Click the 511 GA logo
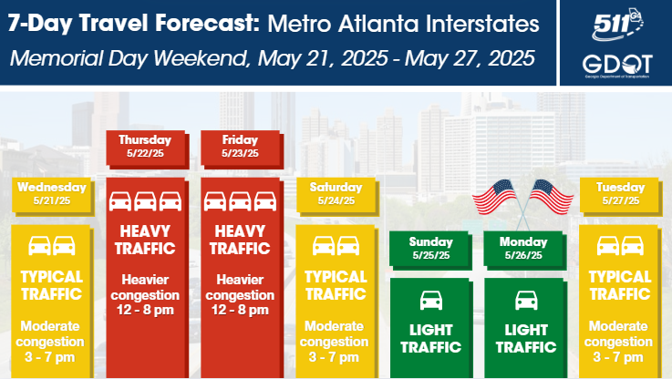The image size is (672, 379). [617, 25]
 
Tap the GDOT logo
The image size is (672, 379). [617, 66]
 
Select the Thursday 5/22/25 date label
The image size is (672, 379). [145, 147]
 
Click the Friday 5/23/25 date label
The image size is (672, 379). [240, 147]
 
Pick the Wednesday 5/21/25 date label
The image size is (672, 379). [52, 194]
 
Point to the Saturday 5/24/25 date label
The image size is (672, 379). [336, 194]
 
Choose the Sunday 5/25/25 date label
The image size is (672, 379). [430, 249]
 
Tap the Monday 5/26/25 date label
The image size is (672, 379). [523, 249]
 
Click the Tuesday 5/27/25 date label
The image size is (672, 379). [620, 194]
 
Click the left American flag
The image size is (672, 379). [496, 197]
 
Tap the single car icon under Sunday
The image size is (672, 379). [430, 301]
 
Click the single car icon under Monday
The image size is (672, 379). [526, 301]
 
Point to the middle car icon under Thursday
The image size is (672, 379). [145, 201]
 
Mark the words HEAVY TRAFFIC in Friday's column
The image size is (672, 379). [240, 240]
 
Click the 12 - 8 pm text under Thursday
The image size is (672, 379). [145, 310]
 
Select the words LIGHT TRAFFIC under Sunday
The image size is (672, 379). [430, 338]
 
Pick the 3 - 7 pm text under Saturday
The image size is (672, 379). [334, 357]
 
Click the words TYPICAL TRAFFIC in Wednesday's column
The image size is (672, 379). [52, 286]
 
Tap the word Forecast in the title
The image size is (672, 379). [207, 23]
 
